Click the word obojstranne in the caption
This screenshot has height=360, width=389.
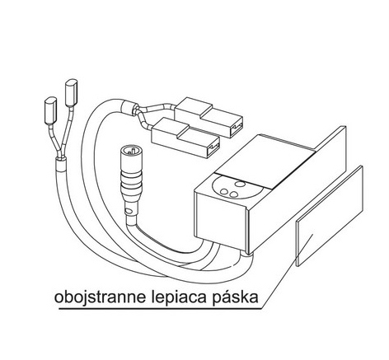point(100,297)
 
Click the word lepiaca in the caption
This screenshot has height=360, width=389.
point(179,298)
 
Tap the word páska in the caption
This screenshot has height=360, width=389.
point(235,297)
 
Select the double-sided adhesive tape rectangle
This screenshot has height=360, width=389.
point(330,216)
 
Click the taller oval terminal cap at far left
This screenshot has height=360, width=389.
point(71,92)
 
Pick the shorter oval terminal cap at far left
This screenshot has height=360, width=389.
point(50,110)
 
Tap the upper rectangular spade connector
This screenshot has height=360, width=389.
point(209,117)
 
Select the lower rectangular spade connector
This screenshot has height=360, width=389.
point(186,138)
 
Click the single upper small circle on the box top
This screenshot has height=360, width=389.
point(240,184)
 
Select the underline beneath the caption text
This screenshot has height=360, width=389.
point(161,310)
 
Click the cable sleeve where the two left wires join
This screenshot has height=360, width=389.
point(62,165)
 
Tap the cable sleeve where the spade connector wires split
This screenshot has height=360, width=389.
point(129,109)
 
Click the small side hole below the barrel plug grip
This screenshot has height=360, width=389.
point(127,212)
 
